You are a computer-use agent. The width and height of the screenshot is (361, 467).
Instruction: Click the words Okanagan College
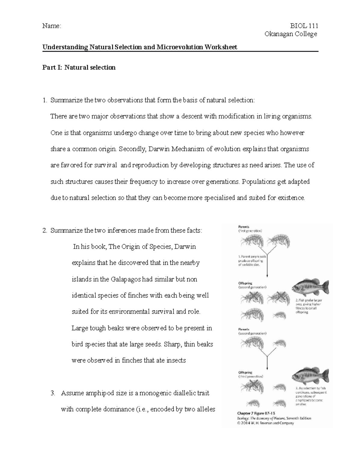tap(291, 34)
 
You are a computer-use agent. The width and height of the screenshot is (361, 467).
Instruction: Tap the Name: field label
tap(51, 26)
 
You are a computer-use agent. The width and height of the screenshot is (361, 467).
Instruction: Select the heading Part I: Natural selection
tap(79, 67)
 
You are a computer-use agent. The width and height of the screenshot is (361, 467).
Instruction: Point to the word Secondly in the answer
tap(132, 149)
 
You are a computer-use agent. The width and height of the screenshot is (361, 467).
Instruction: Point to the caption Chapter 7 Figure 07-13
tap(257, 413)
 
